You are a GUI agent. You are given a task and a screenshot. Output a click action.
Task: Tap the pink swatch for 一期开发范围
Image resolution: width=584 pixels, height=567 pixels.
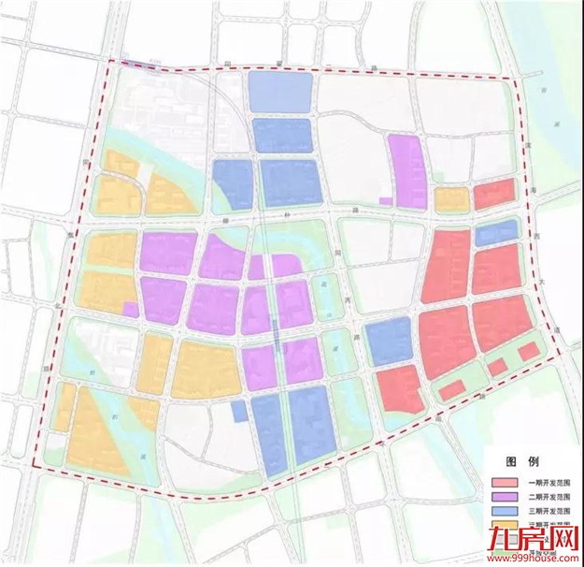click(x=502, y=482)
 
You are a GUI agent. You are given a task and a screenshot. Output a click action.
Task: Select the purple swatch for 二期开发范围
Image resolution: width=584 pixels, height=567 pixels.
click(x=502, y=498)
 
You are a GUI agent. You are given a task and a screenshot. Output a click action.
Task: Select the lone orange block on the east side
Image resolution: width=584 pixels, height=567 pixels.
click(x=451, y=198)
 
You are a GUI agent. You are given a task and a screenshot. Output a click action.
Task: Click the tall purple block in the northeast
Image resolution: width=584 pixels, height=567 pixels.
click(x=407, y=170)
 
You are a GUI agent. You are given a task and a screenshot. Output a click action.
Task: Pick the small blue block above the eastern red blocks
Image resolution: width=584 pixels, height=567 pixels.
click(x=495, y=233)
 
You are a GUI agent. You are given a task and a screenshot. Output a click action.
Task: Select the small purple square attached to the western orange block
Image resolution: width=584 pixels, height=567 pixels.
click(x=131, y=309)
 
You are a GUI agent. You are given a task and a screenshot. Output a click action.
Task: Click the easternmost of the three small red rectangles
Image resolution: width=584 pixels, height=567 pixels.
click(x=528, y=351)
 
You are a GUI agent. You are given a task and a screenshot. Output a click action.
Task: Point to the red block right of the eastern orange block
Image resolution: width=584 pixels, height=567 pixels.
click(x=494, y=195)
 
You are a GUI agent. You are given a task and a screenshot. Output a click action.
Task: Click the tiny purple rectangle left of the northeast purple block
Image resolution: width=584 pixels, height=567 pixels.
click(x=385, y=200)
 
